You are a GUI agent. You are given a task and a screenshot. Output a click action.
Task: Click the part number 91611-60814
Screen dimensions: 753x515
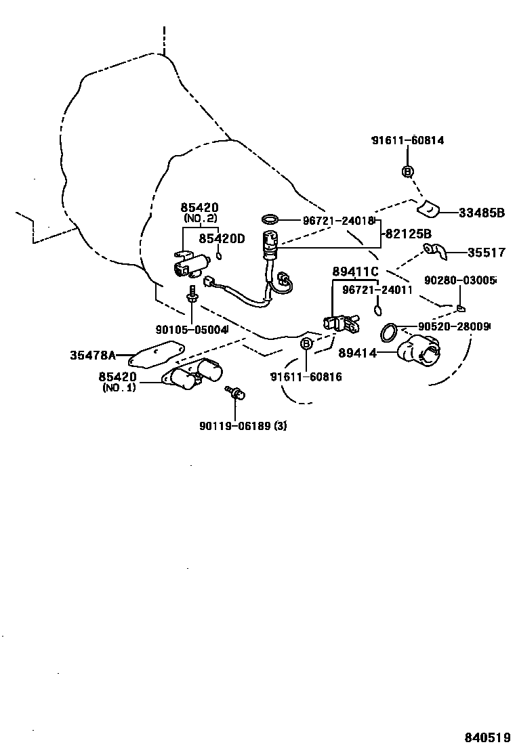[408, 141]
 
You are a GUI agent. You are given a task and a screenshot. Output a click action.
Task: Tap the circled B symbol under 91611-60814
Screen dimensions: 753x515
[407, 171]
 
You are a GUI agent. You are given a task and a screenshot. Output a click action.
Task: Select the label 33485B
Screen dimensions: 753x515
[482, 213]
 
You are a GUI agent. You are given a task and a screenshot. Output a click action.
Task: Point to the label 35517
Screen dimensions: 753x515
[486, 253]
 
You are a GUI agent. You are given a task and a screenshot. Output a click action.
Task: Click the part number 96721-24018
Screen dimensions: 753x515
[330, 221]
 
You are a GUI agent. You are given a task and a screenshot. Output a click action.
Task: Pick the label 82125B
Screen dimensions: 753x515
[408, 234]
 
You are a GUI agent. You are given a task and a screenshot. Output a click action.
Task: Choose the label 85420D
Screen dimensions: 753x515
[220, 238]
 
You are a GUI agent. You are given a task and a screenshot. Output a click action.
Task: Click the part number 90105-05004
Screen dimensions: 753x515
[191, 329]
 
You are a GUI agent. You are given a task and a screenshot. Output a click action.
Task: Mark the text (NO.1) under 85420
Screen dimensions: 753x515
[119, 388]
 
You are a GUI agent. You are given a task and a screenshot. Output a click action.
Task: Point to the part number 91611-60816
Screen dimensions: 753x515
[306, 376]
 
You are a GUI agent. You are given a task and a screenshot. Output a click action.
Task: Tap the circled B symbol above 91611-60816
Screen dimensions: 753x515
[306, 345]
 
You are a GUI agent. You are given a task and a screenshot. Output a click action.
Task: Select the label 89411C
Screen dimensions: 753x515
[354, 272]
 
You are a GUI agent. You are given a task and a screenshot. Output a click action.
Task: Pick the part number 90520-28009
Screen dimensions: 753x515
[453, 326]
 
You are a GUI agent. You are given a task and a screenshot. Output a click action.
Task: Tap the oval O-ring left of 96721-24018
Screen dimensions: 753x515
[270, 219]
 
